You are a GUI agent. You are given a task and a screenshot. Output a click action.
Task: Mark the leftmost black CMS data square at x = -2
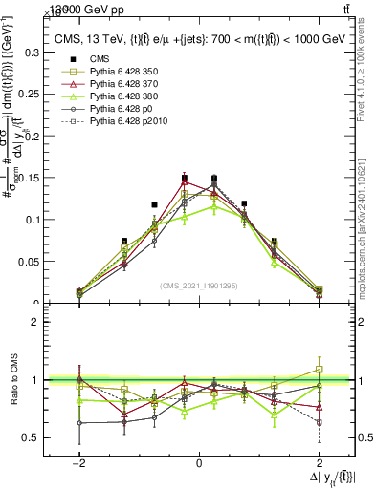79,291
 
